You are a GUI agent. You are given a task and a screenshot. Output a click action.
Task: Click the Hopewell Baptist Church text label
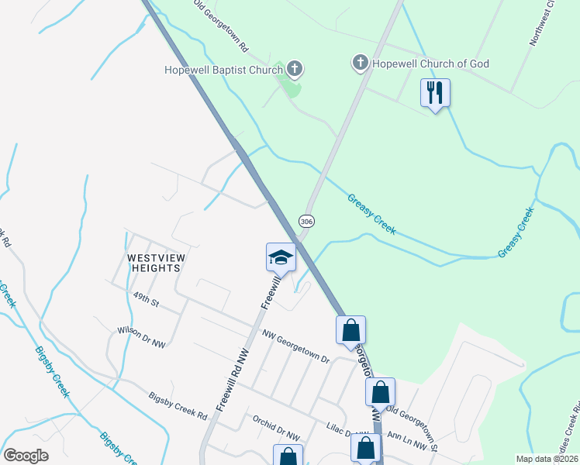point(223,70)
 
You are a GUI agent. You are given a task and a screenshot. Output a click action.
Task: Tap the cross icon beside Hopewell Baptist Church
point(295,70)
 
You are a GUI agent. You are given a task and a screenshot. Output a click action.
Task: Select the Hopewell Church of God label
point(431,64)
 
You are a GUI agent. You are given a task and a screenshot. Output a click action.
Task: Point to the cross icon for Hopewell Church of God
point(360,63)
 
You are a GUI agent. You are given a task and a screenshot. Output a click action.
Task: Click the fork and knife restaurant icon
point(435,93)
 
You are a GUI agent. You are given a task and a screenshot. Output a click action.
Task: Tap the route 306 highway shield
point(307,221)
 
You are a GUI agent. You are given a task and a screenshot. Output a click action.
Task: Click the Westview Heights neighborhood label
point(154,262)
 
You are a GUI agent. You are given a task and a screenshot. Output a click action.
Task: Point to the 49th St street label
point(145,300)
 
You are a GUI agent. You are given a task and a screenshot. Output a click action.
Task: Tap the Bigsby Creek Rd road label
point(178,405)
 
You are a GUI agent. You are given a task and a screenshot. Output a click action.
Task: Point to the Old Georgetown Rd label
point(221,26)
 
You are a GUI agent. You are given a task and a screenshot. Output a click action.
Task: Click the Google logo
point(26,455)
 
